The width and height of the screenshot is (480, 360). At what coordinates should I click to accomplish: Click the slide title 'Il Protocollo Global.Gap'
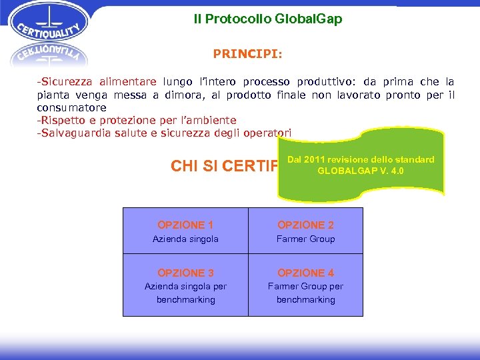pos(268,19)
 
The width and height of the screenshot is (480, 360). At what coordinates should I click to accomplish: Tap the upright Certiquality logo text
pos(49,31)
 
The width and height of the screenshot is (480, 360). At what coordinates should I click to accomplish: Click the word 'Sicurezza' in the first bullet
pos(67,82)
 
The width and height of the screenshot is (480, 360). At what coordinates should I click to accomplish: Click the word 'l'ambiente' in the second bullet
pos(207,120)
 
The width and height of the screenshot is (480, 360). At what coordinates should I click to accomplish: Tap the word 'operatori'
pos(267,133)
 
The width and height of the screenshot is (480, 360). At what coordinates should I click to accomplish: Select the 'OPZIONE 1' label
pos(185,225)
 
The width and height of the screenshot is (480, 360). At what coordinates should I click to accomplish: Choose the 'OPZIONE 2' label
pos(306,225)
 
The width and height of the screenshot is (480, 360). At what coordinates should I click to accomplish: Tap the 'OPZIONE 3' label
pos(185,273)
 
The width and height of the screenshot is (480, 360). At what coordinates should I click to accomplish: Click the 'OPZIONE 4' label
pos(306,273)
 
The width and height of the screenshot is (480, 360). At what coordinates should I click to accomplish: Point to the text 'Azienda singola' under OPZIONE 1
pos(185,239)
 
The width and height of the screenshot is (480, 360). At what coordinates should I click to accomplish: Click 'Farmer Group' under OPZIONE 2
pos(306,239)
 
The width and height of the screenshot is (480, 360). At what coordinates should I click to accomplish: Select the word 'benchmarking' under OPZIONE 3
pos(185,299)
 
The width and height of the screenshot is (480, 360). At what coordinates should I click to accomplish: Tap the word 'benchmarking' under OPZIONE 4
pos(306,299)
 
